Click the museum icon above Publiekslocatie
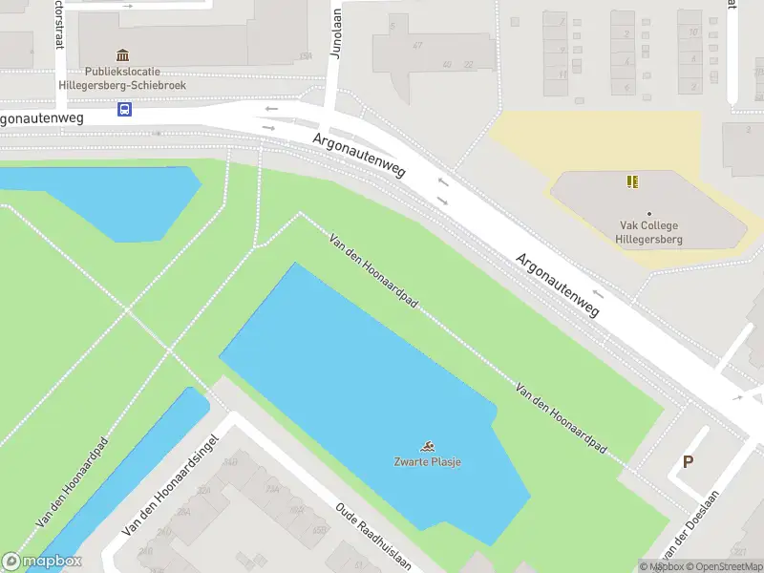click(122, 56)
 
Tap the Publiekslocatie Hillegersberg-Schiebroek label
click(135, 78)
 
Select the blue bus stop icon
click(125, 110)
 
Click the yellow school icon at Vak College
click(631, 180)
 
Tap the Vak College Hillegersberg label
click(649, 233)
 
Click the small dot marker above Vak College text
click(649, 214)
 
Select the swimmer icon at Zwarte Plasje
click(429, 446)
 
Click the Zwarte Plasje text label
click(428, 462)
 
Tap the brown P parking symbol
click(687, 462)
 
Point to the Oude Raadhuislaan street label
click(373, 536)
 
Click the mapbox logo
click(42, 562)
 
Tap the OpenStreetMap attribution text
click(727, 566)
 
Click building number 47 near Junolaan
click(417, 45)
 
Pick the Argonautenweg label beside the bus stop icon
click(43, 118)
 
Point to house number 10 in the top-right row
click(690, 32)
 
